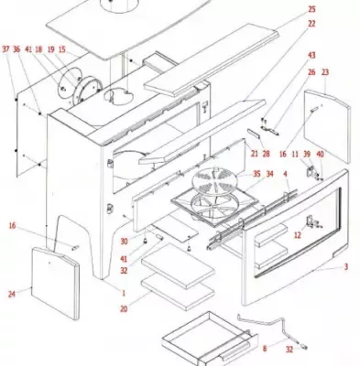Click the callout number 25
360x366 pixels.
point(311,9)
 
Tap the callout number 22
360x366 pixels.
point(311,24)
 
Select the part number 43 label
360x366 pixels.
point(311,56)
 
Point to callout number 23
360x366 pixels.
point(325,72)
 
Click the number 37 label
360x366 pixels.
point(5,49)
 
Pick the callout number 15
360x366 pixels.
point(62,49)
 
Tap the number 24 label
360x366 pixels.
point(12,295)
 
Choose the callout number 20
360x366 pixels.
point(124,309)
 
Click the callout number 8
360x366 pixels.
point(265,349)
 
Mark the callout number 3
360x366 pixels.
point(346,267)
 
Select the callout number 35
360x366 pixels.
point(256,174)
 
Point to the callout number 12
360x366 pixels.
point(298,235)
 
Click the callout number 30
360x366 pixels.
point(124,242)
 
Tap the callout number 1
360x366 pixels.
point(124,294)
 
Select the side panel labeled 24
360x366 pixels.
point(56,283)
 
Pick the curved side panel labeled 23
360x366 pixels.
point(327,125)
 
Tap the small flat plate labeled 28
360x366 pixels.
point(254,134)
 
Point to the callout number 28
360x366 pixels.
point(266,154)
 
